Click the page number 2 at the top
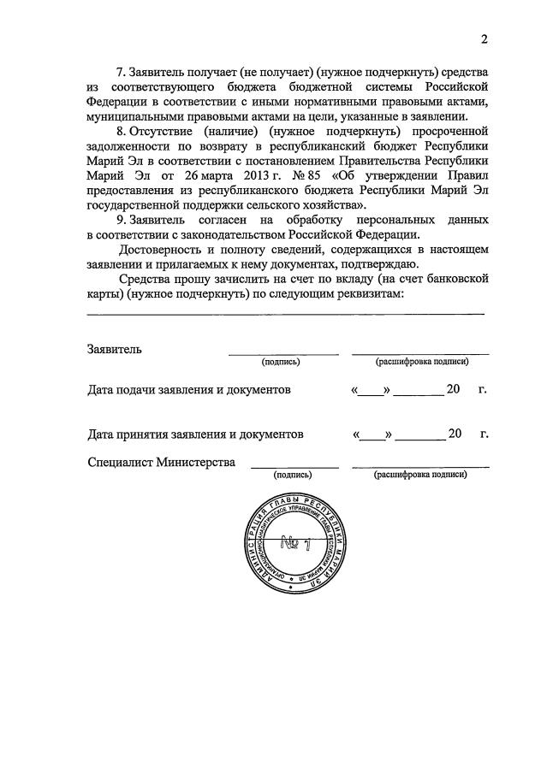pos(484,39)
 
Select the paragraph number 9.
pos(120,220)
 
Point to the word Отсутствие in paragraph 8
pos(164,131)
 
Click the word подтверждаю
pos(378,263)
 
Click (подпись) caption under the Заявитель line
pos(281,362)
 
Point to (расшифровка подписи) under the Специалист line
pos(420,475)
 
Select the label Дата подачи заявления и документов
pos(188,390)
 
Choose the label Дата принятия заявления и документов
pos(194,434)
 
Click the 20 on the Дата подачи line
pos(454,390)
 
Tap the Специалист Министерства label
pos(161,462)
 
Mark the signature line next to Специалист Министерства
pos(294,467)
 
